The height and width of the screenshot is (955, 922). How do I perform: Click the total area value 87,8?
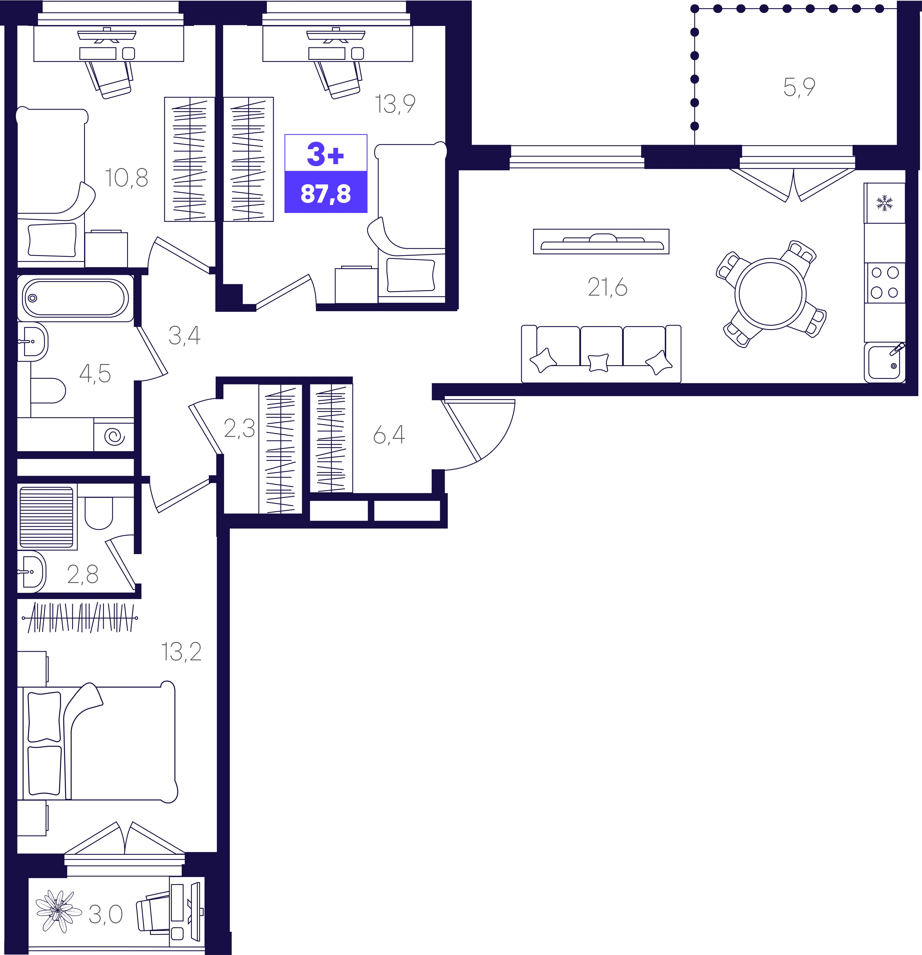point(326,194)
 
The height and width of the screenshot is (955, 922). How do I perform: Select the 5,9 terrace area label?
point(799,88)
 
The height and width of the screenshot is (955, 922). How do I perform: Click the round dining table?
point(770,294)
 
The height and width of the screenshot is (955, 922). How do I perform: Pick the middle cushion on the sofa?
point(598,363)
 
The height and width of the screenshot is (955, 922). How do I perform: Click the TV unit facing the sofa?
point(601,241)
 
